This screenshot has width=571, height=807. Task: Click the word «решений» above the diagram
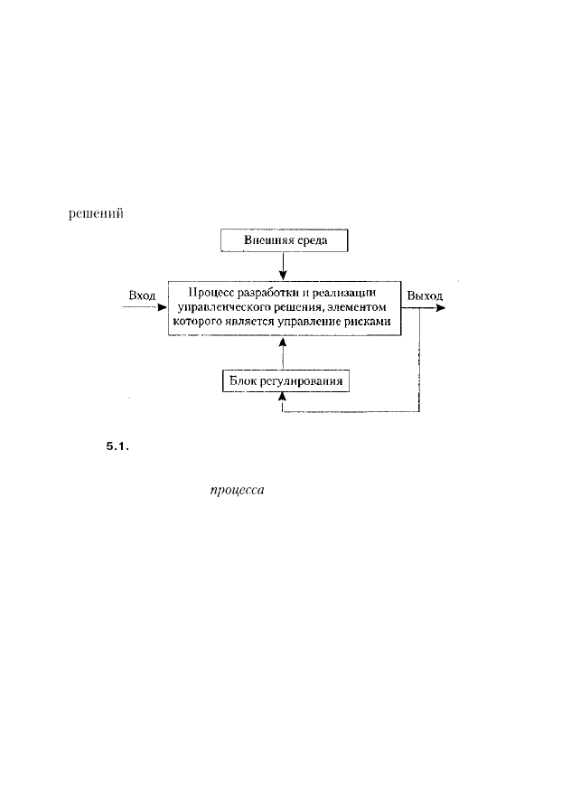click(x=96, y=213)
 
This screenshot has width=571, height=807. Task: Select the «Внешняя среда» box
click(x=285, y=240)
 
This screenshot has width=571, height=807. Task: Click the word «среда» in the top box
click(x=312, y=240)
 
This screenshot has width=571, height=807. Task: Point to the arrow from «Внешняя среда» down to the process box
click(x=283, y=266)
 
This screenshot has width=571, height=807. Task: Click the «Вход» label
click(x=142, y=296)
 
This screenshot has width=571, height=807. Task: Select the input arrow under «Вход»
click(x=145, y=307)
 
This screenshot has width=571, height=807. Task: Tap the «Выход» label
click(x=425, y=296)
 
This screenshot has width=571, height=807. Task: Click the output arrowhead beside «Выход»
click(x=440, y=308)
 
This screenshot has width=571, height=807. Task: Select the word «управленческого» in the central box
click(x=220, y=308)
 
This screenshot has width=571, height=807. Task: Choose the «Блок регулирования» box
click(x=286, y=381)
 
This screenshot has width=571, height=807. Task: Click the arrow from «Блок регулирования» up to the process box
click(x=284, y=353)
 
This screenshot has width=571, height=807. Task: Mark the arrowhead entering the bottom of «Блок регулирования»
click(x=282, y=397)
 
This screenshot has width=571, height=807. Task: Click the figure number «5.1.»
click(x=117, y=446)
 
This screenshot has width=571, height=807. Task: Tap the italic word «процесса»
click(x=237, y=490)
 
